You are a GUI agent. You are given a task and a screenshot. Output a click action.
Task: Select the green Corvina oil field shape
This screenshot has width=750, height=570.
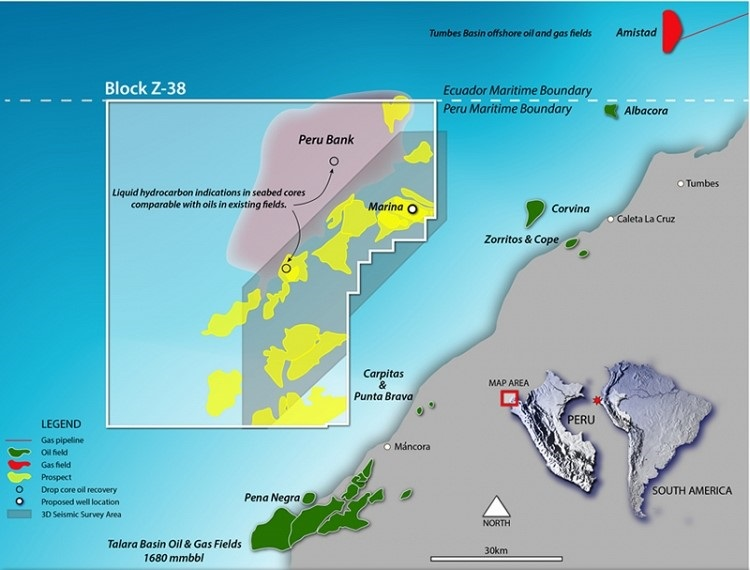point(536,209)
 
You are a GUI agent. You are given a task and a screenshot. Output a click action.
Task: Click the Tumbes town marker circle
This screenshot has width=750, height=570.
point(681,183)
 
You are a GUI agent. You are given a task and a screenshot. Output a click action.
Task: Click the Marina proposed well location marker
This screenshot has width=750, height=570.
point(411,209)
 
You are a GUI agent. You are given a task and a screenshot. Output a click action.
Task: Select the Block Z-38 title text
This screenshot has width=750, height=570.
point(145,88)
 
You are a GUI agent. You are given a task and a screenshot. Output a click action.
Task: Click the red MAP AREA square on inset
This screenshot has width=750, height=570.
point(509,398)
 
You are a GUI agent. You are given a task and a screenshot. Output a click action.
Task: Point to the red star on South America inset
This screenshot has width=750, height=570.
point(598,400)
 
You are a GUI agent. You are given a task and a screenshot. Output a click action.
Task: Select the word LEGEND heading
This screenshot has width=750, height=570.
point(56,423)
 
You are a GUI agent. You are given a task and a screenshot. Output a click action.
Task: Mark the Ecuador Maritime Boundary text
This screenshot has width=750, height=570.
point(507,90)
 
